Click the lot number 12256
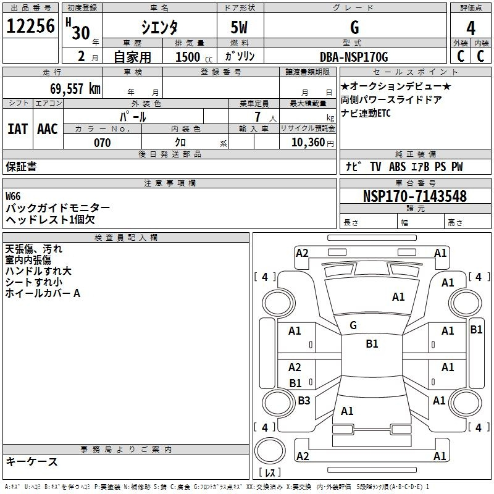tap(30, 26)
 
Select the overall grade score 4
tap(471, 28)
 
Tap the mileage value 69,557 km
tap(75, 89)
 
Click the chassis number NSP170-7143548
tap(414, 196)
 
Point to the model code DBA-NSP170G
tap(354, 57)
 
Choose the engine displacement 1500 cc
tap(194, 57)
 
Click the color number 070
tap(103, 143)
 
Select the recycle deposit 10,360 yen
tap(312, 143)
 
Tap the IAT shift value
tap(17, 129)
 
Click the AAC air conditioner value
tap(48, 129)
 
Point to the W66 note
tap(13, 196)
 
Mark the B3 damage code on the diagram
tap(304, 400)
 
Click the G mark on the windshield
tap(353, 325)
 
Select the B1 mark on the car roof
tap(372, 344)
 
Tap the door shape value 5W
tap(239, 27)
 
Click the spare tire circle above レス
tap(270, 451)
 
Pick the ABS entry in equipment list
tap(397, 167)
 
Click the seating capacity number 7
tap(257, 117)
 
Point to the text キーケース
tap(32, 462)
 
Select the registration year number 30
tap(81, 33)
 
